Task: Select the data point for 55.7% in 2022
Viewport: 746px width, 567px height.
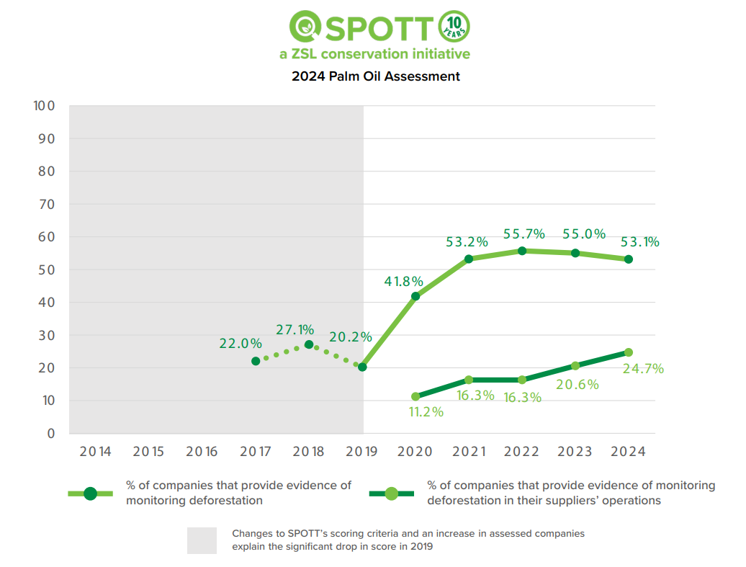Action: [x=522, y=251]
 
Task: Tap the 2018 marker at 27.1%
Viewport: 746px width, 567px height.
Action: [x=309, y=344]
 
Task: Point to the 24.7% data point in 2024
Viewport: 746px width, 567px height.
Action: [x=629, y=352]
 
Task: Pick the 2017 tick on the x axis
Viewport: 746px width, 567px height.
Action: [x=256, y=452]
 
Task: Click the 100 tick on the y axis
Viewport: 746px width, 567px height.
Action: [x=44, y=106]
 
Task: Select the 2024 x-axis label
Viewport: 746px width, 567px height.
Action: [x=629, y=452]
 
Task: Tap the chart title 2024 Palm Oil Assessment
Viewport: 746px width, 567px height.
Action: [x=375, y=76]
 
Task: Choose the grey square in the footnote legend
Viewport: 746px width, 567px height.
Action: [x=202, y=540]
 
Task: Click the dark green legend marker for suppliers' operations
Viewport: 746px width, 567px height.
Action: [x=392, y=494]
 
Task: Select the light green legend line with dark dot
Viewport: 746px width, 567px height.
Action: [x=90, y=494]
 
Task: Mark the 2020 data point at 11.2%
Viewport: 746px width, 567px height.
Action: [x=415, y=396]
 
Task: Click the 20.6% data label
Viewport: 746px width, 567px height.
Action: [x=578, y=384]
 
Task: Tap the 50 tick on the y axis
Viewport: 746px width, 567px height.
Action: [x=45, y=269]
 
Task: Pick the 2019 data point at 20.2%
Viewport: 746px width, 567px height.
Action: [x=362, y=367]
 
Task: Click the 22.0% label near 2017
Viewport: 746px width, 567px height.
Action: [x=241, y=344]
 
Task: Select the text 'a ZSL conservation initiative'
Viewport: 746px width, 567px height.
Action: [x=374, y=54]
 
